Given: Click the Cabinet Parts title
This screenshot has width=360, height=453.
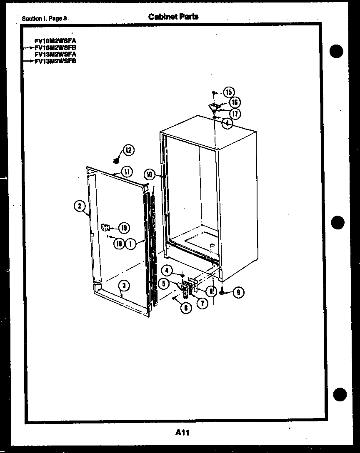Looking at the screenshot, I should (x=173, y=17).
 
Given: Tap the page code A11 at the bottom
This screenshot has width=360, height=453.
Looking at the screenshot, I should (x=183, y=432).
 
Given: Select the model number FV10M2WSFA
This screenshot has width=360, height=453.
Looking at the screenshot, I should (x=55, y=41).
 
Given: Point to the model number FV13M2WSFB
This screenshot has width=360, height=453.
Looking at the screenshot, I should (x=55, y=61).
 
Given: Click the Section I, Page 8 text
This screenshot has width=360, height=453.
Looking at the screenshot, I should (x=44, y=18).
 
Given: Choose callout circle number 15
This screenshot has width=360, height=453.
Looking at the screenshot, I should (x=229, y=92).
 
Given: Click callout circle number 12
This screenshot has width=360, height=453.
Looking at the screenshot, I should (x=129, y=150).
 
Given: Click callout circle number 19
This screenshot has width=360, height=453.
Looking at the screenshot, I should (x=124, y=228).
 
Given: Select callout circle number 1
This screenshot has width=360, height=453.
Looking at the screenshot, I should (x=131, y=244).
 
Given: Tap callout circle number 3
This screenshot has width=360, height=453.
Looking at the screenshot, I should (x=124, y=285).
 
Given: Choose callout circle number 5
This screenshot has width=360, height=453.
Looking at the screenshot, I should (x=164, y=284).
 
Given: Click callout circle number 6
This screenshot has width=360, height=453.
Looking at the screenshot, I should (x=186, y=308).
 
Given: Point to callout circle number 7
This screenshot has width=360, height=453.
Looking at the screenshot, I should (x=202, y=304).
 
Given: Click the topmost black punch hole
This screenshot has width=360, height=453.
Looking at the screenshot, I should (x=336, y=52).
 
